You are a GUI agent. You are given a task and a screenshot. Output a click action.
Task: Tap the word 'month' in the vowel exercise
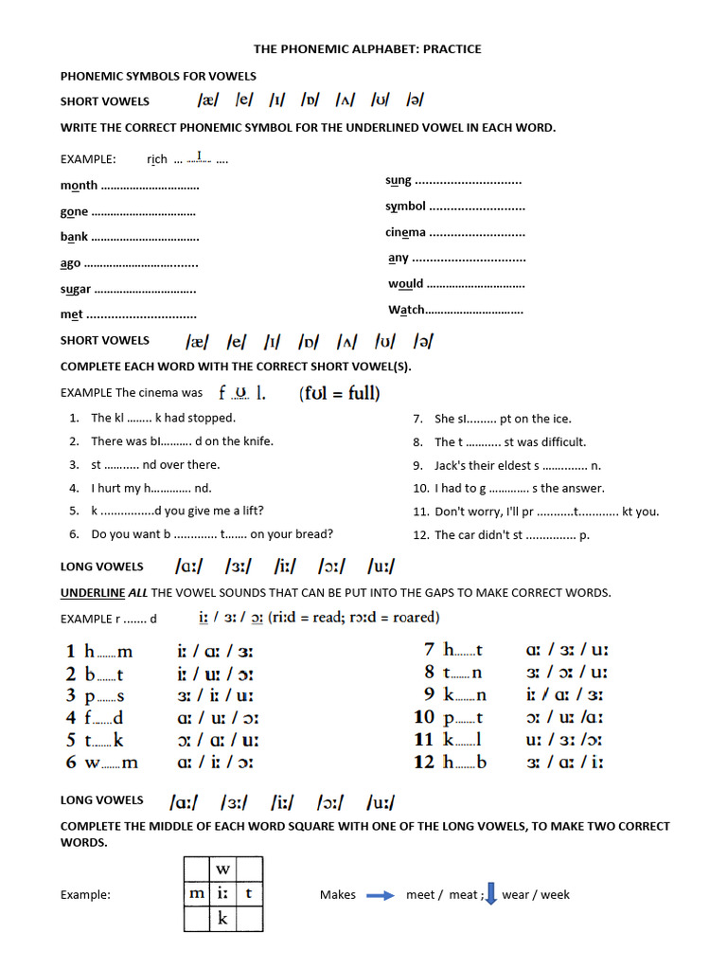(x=79, y=186)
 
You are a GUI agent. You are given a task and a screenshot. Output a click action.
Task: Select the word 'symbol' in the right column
(x=405, y=207)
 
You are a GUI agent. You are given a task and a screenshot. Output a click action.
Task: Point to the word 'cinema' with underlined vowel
(x=405, y=232)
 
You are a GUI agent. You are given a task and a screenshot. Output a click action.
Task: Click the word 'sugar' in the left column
(x=76, y=289)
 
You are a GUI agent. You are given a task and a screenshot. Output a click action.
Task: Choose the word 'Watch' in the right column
(x=406, y=310)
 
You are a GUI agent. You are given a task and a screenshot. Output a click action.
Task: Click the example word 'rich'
(x=157, y=159)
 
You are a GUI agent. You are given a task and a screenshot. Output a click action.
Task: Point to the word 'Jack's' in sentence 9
(x=452, y=465)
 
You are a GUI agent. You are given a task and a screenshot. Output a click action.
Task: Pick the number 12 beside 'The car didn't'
(x=421, y=535)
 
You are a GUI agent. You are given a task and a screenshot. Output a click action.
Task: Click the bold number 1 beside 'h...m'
(x=70, y=651)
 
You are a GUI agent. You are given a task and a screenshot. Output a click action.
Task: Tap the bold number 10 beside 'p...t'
(x=424, y=717)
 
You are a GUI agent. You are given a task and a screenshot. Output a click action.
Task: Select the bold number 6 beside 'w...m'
(x=70, y=762)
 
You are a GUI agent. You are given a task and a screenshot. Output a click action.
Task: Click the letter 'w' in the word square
(x=222, y=870)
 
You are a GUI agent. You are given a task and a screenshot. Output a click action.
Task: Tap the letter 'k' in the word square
(x=222, y=918)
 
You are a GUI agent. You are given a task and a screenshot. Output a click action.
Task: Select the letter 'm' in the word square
(x=196, y=893)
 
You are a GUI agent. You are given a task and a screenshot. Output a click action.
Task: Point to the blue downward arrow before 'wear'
(x=490, y=893)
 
